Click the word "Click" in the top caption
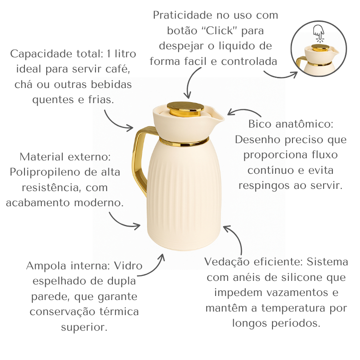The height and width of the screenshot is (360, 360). [x=220, y=31]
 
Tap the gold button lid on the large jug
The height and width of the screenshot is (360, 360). [x=185, y=109]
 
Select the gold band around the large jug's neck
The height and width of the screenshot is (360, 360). [x=184, y=142]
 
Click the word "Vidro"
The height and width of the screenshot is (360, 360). [x=128, y=266]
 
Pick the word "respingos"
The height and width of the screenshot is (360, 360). [x=264, y=186]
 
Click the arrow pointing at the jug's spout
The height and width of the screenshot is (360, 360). [x=244, y=111]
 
